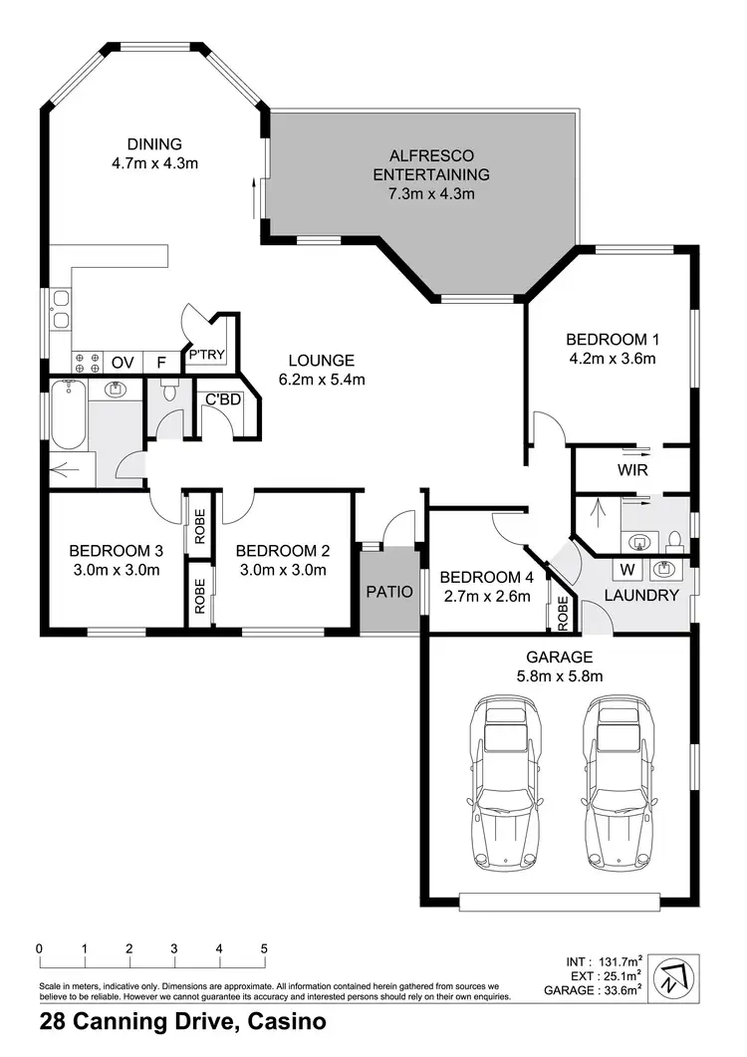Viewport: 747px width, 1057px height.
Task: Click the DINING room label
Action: pos(154,143)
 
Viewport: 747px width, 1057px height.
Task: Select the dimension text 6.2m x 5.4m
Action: pos(322,379)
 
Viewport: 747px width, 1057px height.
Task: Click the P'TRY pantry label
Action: pos(205,354)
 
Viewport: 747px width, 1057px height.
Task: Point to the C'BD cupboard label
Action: pos(221,399)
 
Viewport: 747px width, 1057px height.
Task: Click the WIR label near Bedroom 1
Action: pos(632,467)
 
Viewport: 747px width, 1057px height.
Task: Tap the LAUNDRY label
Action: pos(642,596)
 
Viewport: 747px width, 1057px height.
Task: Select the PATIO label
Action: pos(388,591)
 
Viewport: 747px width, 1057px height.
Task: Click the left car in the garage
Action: pos(507,781)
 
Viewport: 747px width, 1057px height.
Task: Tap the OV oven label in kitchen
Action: pos(123,362)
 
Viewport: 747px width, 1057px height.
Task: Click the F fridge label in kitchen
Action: pos(158,362)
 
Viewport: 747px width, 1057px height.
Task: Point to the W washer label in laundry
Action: pos(629,570)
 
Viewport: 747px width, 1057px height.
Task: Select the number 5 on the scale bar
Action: pos(264,948)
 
